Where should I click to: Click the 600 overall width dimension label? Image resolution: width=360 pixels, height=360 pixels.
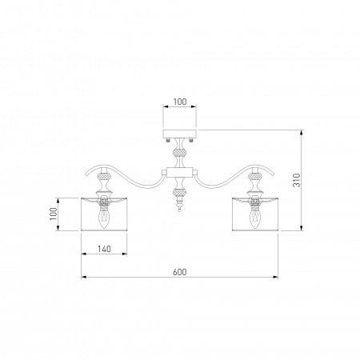pyautogui.click(x=180, y=272)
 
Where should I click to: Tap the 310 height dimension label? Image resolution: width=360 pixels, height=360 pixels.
pyautogui.click(x=297, y=180)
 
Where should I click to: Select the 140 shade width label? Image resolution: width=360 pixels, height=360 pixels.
pyautogui.click(x=104, y=249)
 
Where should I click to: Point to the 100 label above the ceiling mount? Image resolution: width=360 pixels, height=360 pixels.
pyautogui.click(x=180, y=102)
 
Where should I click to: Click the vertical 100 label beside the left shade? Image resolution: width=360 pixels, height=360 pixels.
pyautogui.click(x=54, y=214)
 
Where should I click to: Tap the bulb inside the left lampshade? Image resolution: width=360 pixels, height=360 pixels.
pyautogui.click(x=104, y=219)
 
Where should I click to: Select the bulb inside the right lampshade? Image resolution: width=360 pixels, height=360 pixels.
pyautogui.click(x=255, y=219)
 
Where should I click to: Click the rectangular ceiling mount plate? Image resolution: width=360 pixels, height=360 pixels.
pyautogui.click(x=180, y=134)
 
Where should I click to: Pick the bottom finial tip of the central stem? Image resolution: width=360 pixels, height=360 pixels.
pyautogui.click(x=180, y=210)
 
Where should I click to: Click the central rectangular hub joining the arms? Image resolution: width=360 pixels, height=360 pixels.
pyautogui.click(x=179, y=173)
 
